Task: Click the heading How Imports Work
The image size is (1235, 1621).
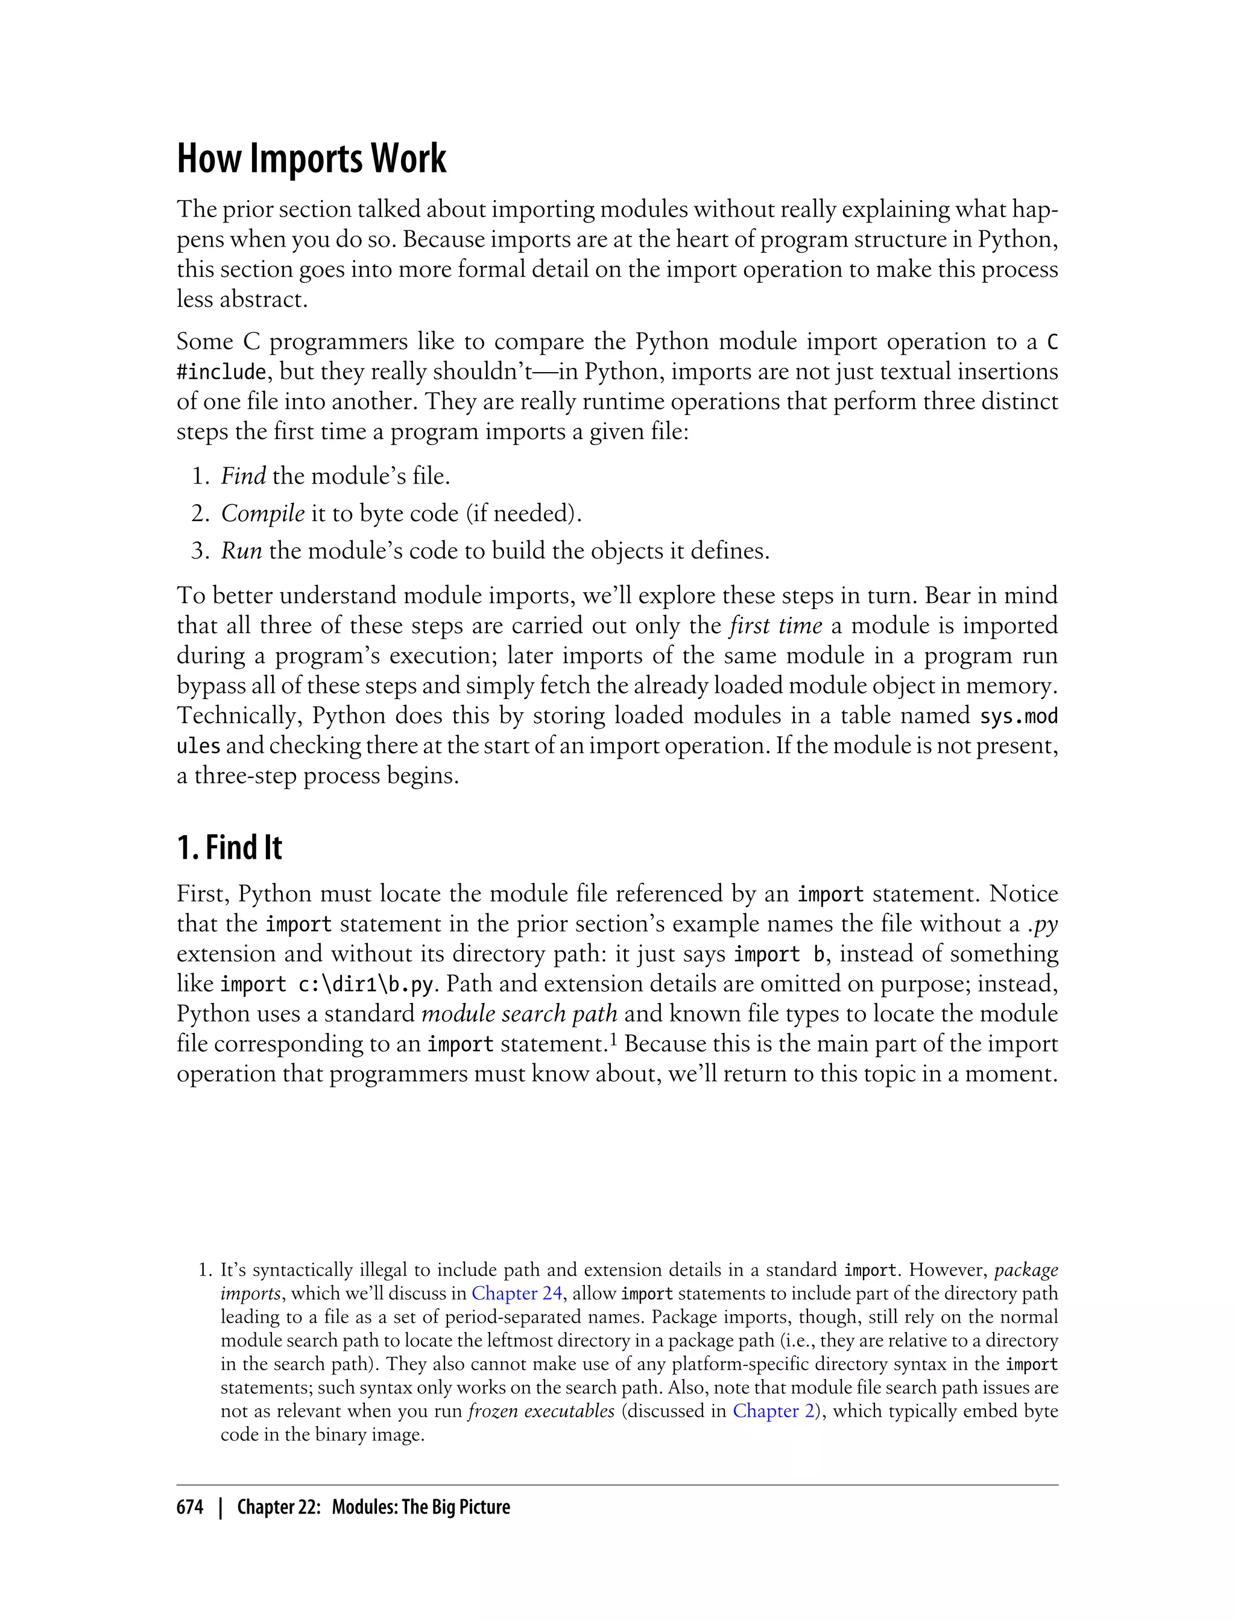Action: click(x=311, y=159)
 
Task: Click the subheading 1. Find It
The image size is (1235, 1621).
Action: click(x=229, y=848)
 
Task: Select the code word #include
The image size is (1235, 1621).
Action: click(x=221, y=372)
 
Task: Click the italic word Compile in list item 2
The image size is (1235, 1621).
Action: click(x=262, y=513)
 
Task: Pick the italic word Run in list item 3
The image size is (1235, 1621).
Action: click(x=241, y=551)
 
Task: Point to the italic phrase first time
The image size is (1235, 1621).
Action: click(x=775, y=625)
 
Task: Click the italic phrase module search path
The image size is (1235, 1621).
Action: click(x=519, y=1014)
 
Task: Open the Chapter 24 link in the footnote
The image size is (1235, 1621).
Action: click(x=517, y=1293)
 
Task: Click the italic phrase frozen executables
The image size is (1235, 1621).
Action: click(x=541, y=1411)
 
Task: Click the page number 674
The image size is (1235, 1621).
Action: click(x=190, y=1507)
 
